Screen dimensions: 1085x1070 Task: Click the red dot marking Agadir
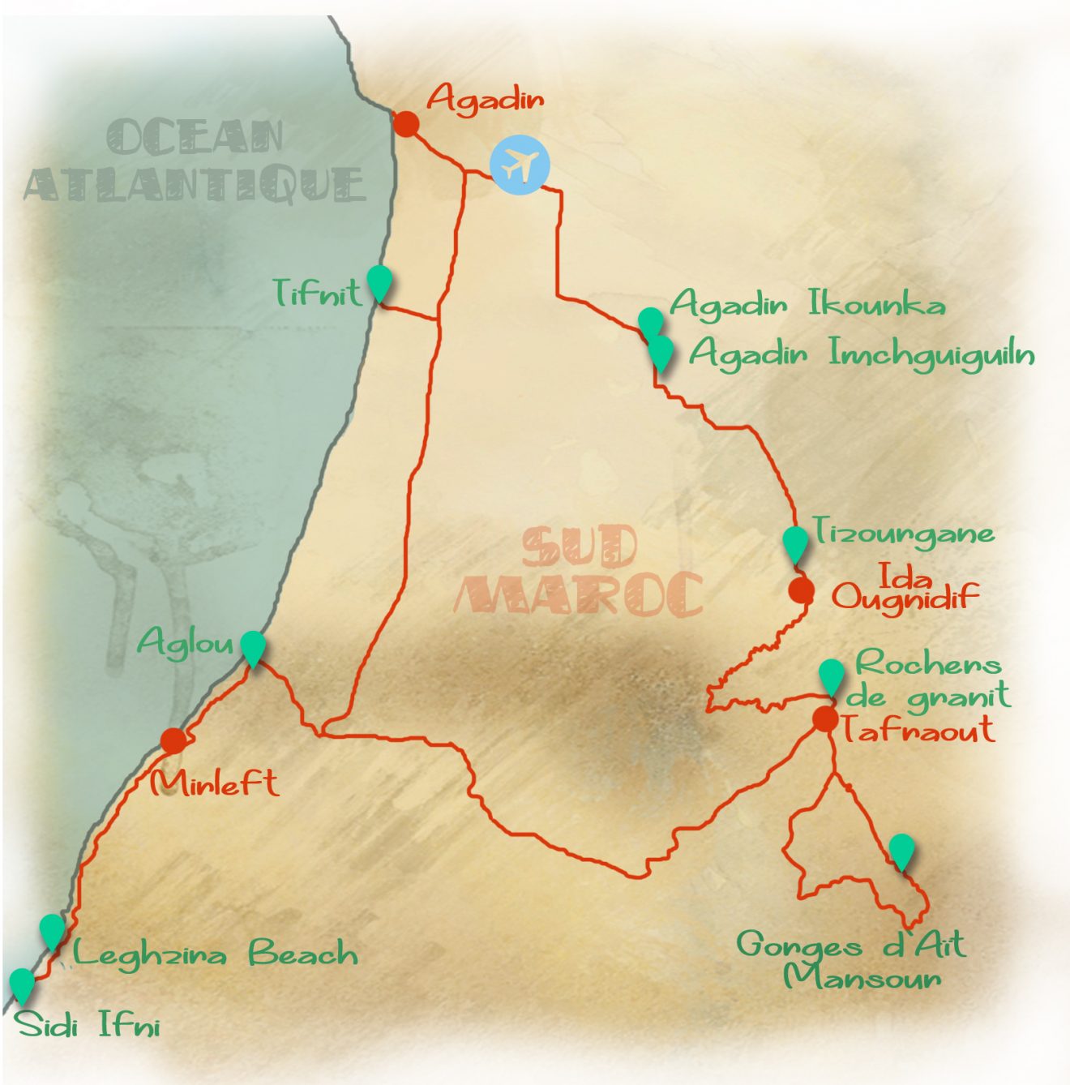(x=406, y=124)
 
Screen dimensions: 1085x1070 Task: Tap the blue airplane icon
(x=520, y=165)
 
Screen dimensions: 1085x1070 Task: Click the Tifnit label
(x=317, y=293)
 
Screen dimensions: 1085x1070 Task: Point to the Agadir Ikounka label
(x=807, y=305)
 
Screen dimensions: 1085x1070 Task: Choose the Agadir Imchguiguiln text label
(x=862, y=354)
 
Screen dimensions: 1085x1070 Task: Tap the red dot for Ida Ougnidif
(x=802, y=590)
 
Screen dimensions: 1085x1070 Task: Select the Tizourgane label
(x=904, y=532)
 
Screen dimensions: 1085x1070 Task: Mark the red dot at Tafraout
(x=825, y=718)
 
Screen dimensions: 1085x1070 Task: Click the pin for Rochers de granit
(x=831, y=676)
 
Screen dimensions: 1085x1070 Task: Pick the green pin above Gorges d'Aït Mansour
(x=901, y=851)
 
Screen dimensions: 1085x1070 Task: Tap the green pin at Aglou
(x=254, y=648)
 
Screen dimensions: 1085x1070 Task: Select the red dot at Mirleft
(x=173, y=740)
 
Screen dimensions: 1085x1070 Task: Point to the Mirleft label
(x=215, y=783)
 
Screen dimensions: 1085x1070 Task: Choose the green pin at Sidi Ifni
(x=22, y=984)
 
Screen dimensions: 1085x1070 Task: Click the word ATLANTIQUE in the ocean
(x=195, y=184)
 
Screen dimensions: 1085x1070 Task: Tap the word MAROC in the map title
(x=579, y=594)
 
